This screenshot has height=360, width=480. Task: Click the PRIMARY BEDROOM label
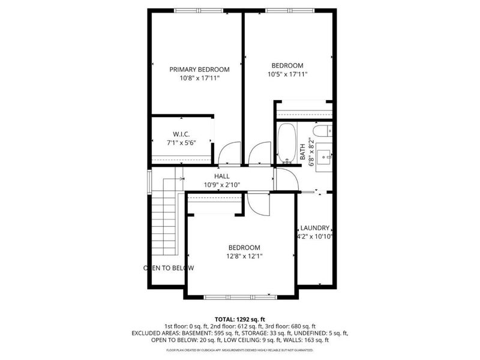click(199, 70)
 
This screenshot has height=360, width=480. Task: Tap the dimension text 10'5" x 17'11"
click(287, 74)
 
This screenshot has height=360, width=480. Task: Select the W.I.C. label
click(181, 133)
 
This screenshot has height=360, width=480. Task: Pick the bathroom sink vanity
click(325, 154)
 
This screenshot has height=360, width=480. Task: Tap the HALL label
click(222, 176)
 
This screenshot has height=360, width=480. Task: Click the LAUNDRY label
click(315, 228)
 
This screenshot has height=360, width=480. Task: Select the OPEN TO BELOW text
click(169, 268)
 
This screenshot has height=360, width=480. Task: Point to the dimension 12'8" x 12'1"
click(244, 256)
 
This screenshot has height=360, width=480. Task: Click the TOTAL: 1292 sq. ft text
click(239, 319)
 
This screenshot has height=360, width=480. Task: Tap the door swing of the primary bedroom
click(229, 155)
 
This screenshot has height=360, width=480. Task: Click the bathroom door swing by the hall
click(282, 178)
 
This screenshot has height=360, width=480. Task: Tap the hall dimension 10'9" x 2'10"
click(222, 185)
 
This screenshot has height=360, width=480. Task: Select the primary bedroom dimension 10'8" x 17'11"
click(199, 78)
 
